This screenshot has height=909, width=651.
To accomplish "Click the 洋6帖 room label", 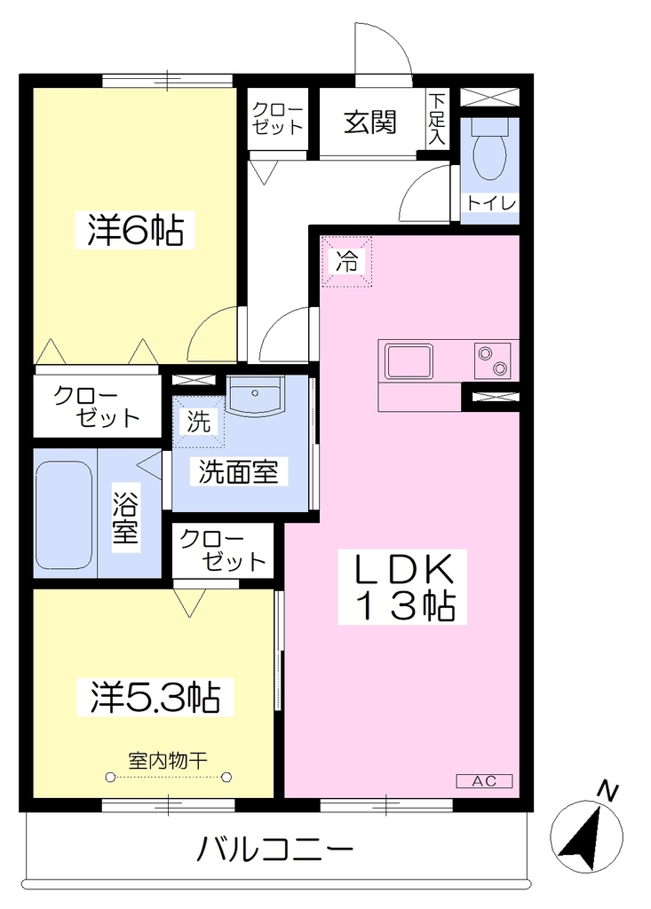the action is click(x=135, y=230).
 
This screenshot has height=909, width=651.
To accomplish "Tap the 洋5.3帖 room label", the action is click(x=155, y=697).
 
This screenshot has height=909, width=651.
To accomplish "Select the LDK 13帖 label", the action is click(x=402, y=587).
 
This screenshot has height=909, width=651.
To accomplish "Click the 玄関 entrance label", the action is click(x=370, y=123).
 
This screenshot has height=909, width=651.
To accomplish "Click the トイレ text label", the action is click(x=490, y=203).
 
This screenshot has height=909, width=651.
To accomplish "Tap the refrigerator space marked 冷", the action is click(x=347, y=262).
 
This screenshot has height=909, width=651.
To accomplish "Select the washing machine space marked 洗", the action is click(x=198, y=422).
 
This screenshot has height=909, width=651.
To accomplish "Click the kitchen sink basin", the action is click(x=409, y=361).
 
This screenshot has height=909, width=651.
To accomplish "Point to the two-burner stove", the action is click(x=492, y=361).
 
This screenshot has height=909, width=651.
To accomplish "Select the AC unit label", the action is click(x=484, y=781).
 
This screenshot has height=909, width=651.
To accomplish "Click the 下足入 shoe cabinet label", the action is click(x=437, y=119).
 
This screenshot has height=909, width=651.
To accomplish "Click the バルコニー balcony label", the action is click(x=274, y=850).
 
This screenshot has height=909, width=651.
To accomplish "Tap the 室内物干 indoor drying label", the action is click(x=168, y=760).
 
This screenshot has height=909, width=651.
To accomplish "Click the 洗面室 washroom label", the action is click(x=239, y=471).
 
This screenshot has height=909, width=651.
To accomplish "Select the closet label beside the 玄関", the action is click(x=277, y=119).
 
